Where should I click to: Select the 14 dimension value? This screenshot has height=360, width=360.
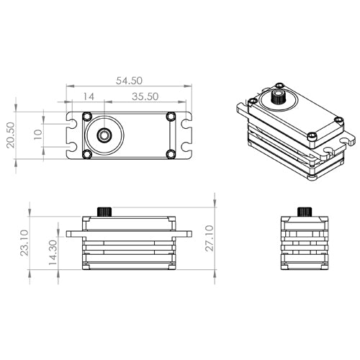coord(89,96)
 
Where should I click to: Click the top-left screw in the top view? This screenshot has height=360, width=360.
coord(87,117)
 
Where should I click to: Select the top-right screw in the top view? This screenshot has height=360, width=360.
coord(171,117)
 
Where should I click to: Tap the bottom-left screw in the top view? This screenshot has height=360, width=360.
coord(87,153)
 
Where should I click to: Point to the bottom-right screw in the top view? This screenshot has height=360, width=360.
coord(171,153)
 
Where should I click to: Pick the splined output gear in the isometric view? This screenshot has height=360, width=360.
coord(277,96)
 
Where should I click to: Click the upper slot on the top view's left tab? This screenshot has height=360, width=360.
coord(71,125)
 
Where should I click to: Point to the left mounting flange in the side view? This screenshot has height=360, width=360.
coord(73,233)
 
